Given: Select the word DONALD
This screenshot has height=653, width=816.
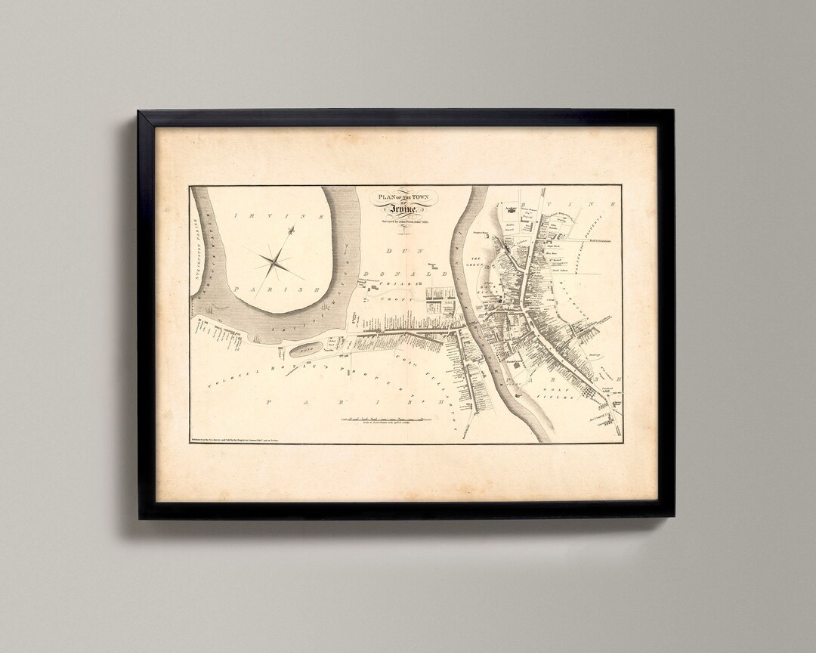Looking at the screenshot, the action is pyautogui.click(x=393, y=268).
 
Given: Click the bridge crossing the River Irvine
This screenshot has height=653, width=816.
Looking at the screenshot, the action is pyautogui.click(x=468, y=330).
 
